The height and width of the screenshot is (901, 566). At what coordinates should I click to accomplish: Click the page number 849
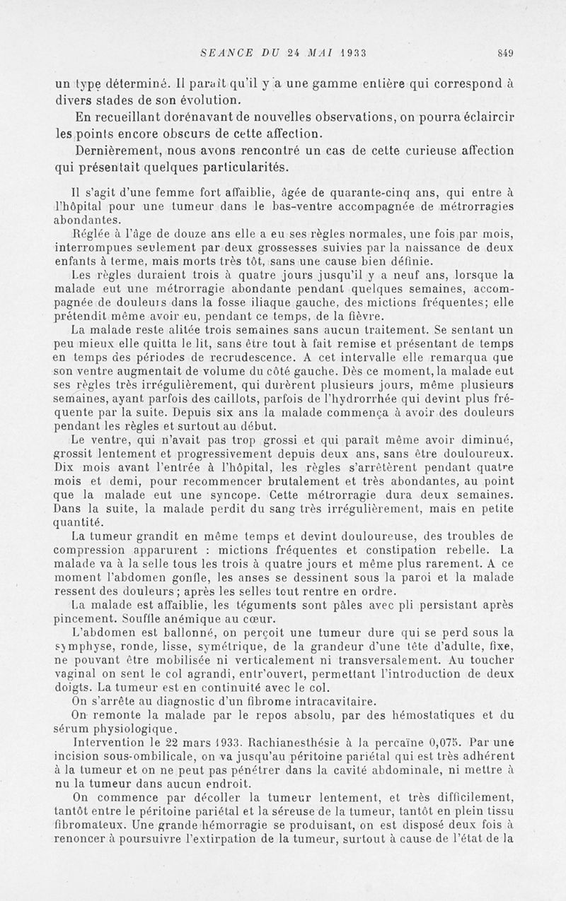tap(504, 52)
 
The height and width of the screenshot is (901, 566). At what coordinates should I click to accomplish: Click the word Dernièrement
tap(113, 151)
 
